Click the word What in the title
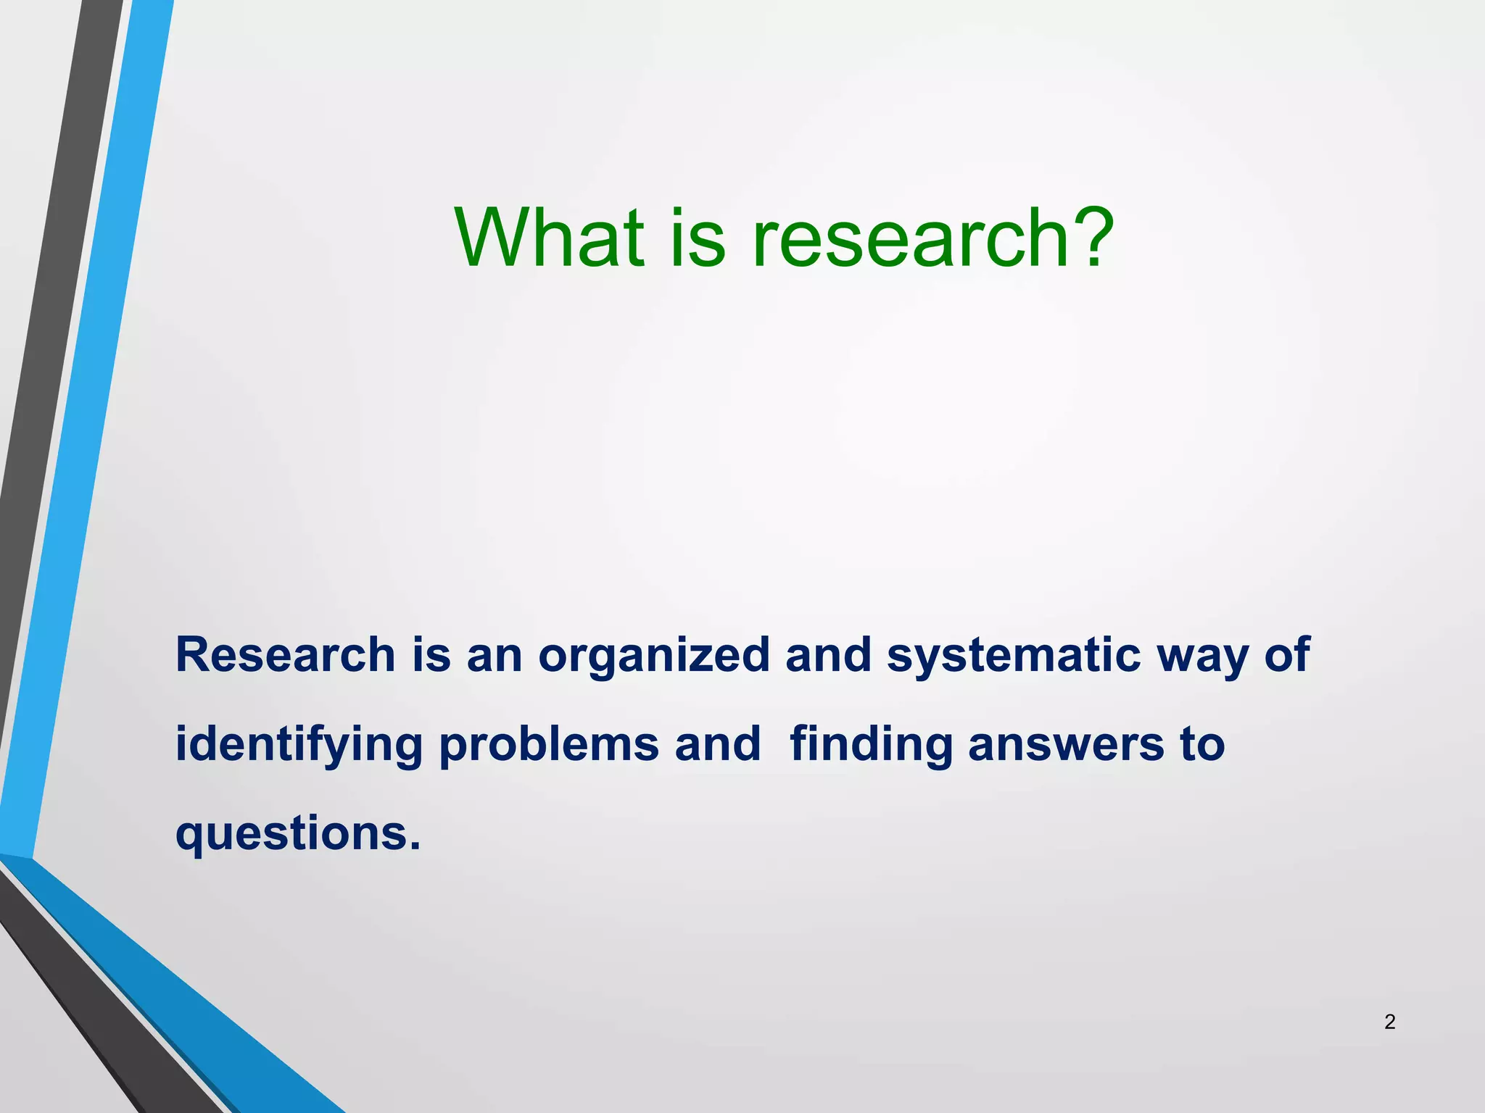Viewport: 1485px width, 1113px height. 550,237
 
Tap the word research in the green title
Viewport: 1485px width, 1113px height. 911,237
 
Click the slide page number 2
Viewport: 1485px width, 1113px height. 1389,1022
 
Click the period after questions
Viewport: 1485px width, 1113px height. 415,846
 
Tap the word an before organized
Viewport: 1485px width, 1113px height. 494,656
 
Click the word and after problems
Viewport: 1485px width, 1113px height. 718,745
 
